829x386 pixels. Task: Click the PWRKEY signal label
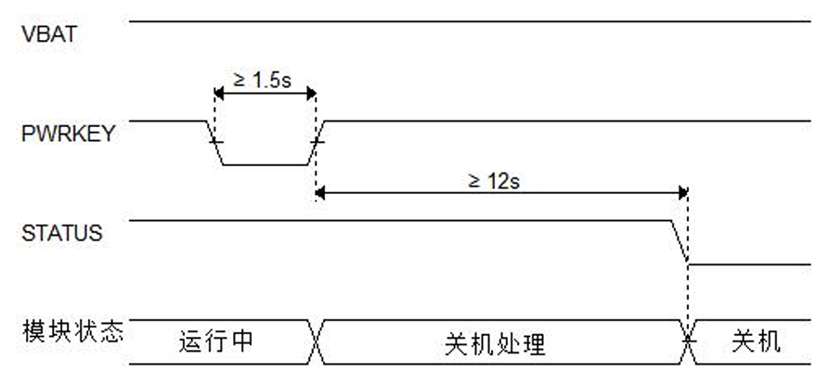tap(69, 133)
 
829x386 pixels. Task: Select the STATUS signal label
tap(61, 233)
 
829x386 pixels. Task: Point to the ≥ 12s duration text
tap(494, 180)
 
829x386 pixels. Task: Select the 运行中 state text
tap(215, 342)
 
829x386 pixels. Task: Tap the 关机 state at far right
tap(757, 342)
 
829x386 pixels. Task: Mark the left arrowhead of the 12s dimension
tap(320, 193)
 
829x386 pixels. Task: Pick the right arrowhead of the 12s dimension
tap(682, 193)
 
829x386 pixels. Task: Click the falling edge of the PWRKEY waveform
tap(215, 142)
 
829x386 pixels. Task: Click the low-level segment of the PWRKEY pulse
tap(266, 165)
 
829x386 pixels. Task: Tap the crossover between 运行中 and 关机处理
tap(316, 342)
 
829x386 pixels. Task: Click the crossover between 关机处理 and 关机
tap(688, 342)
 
